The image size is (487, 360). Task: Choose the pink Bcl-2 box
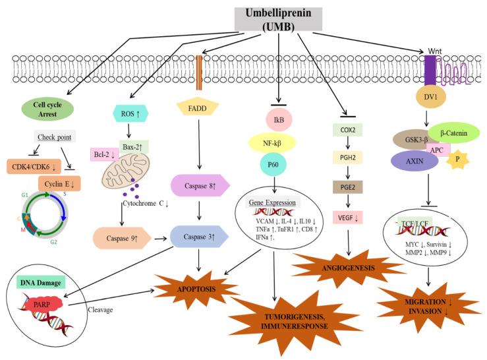click(104, 154)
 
